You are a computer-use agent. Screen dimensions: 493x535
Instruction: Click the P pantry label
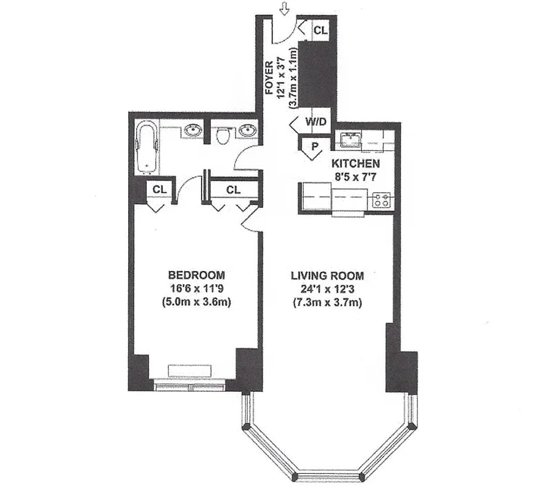coord(314,147)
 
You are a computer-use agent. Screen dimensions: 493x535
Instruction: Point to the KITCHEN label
coord(356,164)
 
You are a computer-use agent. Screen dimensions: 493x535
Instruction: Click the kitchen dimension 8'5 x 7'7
coord(356,177)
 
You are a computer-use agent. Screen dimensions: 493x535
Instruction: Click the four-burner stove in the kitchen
coord(382,200)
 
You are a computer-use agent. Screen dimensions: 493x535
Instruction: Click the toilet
coord(224,135)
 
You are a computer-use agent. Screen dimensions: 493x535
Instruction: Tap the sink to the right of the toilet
coord(248,131)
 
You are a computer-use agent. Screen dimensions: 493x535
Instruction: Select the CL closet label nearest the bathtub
coord(160,190)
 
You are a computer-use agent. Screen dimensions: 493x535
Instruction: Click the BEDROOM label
coord(196,275)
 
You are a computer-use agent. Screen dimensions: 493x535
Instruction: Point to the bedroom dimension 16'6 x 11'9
coord(196,288)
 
